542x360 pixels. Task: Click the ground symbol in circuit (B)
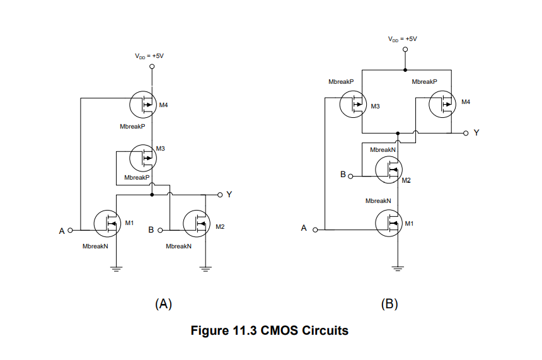pyautogui.click(x=398, y=268)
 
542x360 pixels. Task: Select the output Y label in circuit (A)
pyautogui.click(x=229, y=195)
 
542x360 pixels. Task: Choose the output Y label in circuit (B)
pyautogui.click(x=476, y=133)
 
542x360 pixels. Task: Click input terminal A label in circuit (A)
pyautogui.click(x=62, y=231)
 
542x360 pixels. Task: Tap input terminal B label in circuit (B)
pyautogui.click(x=343, y=174)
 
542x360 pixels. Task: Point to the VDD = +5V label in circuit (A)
pyautogui.click(x=153, y=56)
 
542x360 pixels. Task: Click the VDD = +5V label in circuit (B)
pyautogui.click(x=404, y=39)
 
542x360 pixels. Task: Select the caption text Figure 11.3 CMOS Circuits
pyautogui.click(x=269, y=330)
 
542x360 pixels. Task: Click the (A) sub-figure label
pyautogui.click(x=163, y=304)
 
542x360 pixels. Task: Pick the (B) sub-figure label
pyautogui.click(x=389, y=304)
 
